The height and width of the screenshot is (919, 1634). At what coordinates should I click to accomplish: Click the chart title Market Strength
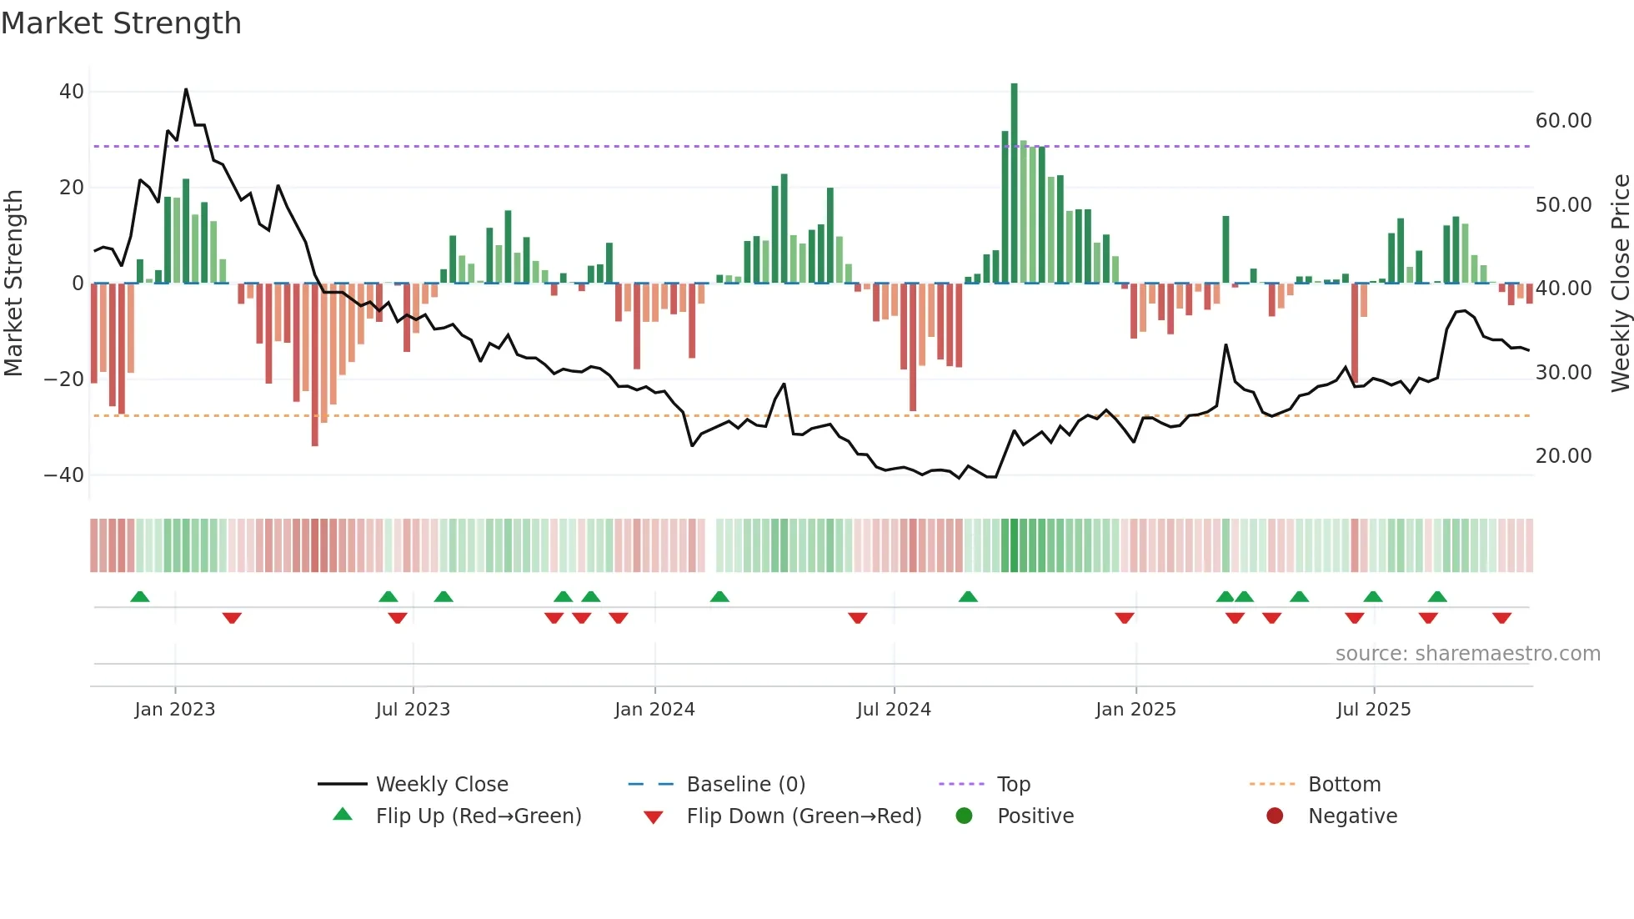121,23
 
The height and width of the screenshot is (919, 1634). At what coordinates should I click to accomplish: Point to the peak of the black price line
186,89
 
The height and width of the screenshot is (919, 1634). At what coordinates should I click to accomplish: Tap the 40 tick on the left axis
72,92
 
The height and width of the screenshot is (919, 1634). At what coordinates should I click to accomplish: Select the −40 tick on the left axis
64,475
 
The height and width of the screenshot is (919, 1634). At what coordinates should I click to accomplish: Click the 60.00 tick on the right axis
1563,121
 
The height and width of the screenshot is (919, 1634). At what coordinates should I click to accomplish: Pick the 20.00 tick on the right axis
1563,456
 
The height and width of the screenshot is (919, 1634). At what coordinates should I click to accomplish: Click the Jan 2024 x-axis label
654,710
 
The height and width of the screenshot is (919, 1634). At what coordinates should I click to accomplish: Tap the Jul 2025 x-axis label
1373,710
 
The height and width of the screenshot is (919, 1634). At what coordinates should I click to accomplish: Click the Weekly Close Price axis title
1620,284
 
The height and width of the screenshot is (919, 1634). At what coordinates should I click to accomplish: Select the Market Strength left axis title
13,284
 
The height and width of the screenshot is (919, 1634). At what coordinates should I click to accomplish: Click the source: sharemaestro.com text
1467,654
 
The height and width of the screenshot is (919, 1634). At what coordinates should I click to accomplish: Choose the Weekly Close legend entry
441,785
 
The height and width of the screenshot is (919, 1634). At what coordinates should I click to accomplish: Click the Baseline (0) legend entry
745,785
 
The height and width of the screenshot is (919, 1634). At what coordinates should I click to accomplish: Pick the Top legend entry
1013,785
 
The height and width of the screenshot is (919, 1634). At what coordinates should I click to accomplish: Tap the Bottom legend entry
1344,785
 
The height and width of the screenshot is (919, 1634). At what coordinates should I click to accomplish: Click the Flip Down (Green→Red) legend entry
803,816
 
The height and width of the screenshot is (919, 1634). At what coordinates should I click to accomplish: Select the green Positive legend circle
965,816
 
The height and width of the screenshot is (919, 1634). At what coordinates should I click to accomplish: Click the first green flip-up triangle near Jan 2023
140,597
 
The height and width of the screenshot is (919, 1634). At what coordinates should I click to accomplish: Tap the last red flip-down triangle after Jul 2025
1502,618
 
